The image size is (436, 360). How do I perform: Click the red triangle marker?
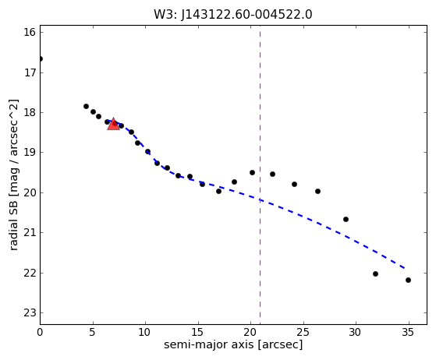pyautogui.click(x=113, y=124)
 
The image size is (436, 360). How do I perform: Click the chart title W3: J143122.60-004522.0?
pyautogui.click(x=233, y=15)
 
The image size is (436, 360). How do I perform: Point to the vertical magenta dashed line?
pyautogui.click(x=260, y=175)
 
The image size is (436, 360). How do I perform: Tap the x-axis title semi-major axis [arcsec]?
pyautogui.click(x=233, y=344)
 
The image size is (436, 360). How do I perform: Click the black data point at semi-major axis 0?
pyautogui.click(x=41, y=59)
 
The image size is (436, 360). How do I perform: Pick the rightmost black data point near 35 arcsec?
pyautogui.click(x=408, y=280)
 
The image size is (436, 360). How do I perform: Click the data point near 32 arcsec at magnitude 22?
pyautogui.click(x=375, y=274)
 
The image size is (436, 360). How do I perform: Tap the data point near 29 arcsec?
pyautogui.click(x=346, y=220)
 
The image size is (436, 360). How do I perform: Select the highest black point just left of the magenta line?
pyautogui.click(x=252, y=173)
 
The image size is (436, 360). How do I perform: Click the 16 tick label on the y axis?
pyautogui.click(x=30, y=32)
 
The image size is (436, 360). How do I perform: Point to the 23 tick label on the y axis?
pyautogui.click(x=30, y=313)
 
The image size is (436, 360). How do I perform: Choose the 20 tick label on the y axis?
pyautogui.click(x=30, y=192)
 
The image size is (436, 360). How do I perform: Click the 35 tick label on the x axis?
pyautogui.click(x=409, y=332)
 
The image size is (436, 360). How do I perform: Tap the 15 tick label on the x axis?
pyautogui.click(x=198, y=332)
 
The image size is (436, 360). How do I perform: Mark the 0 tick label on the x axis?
pyautogui.click(x=40, y=332)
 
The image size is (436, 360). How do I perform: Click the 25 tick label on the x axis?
pyautogui.click(x=303, y=332)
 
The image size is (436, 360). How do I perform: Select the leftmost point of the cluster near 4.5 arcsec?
pyautogui.click(x=87, y=107)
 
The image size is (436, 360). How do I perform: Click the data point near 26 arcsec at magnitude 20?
pyautogui.click(x=317, y=192)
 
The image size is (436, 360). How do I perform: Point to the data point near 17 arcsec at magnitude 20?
pyautogui.click(x=219, y=192)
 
